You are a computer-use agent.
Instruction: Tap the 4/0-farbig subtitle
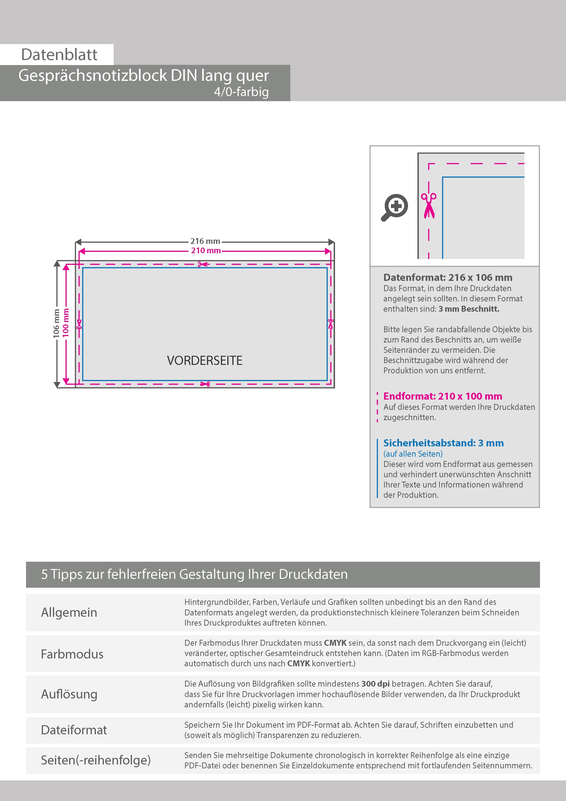241,92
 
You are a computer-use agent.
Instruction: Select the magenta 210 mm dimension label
206,250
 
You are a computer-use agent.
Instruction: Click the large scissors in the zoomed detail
429,206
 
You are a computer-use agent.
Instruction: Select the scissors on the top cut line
203,264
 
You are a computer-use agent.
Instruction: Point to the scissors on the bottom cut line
205,384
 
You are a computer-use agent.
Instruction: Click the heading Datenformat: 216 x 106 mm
448,278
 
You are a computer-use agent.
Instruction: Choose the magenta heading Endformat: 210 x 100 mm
443,396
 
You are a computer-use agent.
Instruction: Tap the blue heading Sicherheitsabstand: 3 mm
443,443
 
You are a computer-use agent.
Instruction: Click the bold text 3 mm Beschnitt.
469,309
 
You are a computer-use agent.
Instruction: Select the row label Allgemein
69,612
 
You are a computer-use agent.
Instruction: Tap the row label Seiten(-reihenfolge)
96,760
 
